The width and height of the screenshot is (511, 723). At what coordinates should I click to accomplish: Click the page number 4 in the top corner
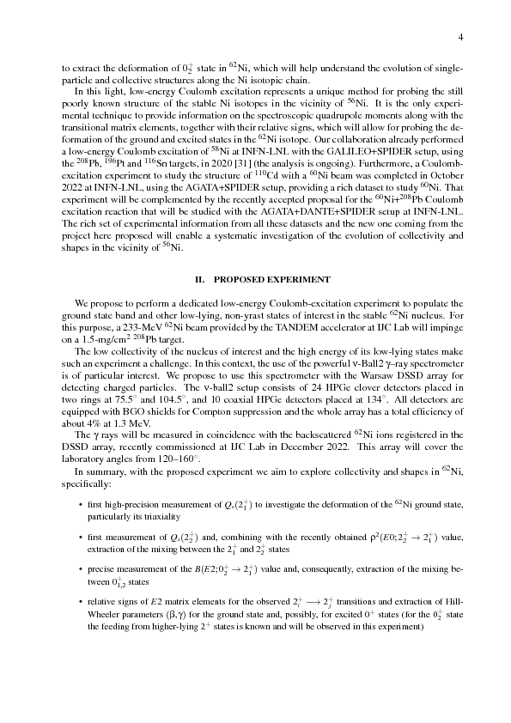click(x=461, y=37)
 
